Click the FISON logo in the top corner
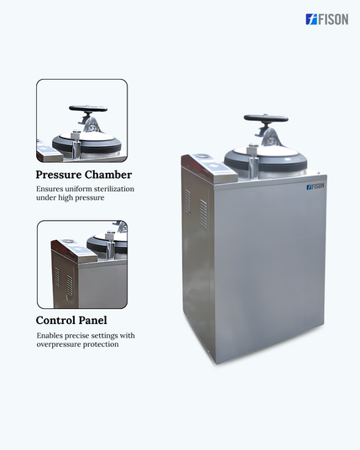pyautogui.click(x=327, y=19)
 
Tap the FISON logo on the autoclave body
pyautogui.click(x=316, y=186)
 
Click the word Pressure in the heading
pyautogui.click(x=59, y=175)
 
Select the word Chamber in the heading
pyautogui.click(x=108, y=175)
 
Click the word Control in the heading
pyautogui.click(x=55, y=320)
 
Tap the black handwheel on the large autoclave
pyautogui.click(x=266, y=118)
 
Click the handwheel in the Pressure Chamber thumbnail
pyautogui.click(x=88, y=108)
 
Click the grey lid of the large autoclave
pyautogui.click(x=266, y=159)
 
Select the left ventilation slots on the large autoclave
pyautogui.click(x=188, y=201)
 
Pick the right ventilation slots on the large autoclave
pyautogui.click(x=203, y=213)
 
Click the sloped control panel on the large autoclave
pyautogui.click(x=210, y=168)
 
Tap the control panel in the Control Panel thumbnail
pyautogui.click(x=74, y=250)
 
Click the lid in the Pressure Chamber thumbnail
pyautogui.click(x=86, y=143)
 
